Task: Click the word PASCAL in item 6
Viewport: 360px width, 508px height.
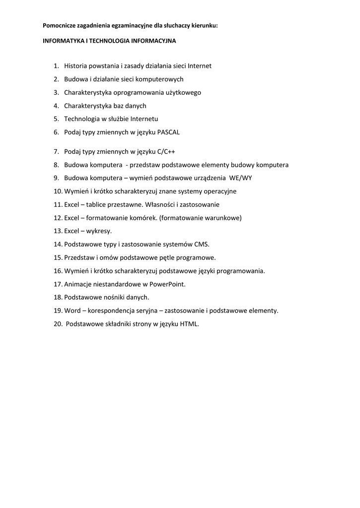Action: pos(168,132)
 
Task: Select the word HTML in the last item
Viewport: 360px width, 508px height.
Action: pos(189,324)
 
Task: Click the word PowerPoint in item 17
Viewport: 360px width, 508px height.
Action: pos(167,284)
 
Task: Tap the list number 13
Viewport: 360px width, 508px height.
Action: pos(57,231)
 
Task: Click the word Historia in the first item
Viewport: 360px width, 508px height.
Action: pos(76,65)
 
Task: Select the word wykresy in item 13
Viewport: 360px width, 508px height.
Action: pos(99,231)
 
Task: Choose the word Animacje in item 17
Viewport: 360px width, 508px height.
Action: pos(77,284)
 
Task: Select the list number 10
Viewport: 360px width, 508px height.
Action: pos(57,191)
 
